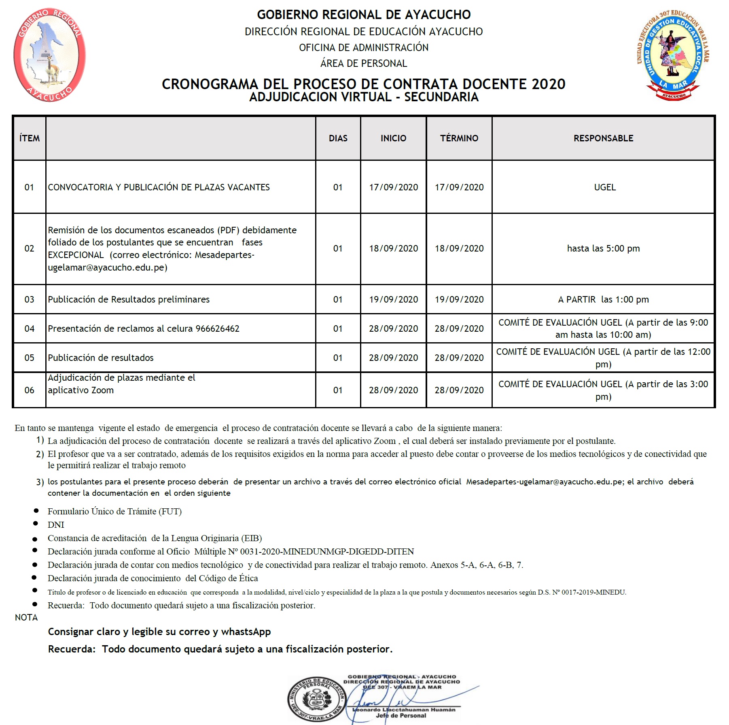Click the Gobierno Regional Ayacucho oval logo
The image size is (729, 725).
tap(49, 55)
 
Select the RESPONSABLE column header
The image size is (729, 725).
tap(603, 138)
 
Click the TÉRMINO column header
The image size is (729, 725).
tap(459, 138)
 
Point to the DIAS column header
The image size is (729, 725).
tap(338, 138)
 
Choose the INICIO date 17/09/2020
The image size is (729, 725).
tap(393, 187)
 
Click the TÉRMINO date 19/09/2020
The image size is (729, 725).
tap(459, 299)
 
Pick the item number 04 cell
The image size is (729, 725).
tap(29, 328)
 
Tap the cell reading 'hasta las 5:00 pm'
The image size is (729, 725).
tap(603, 248)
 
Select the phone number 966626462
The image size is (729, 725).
tap(218, 328)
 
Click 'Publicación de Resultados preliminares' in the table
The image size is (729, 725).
tap(129, 299)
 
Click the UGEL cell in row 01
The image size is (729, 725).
tap(605, 187)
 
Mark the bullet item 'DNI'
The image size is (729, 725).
tap(56, 525)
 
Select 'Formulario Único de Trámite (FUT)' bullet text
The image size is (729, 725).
tap(114, 512)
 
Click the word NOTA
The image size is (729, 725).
tap(26, 617)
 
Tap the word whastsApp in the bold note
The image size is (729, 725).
tap(246, 631)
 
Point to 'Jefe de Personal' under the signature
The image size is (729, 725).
tap(401, 715)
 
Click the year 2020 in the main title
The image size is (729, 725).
tap(549, 84)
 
